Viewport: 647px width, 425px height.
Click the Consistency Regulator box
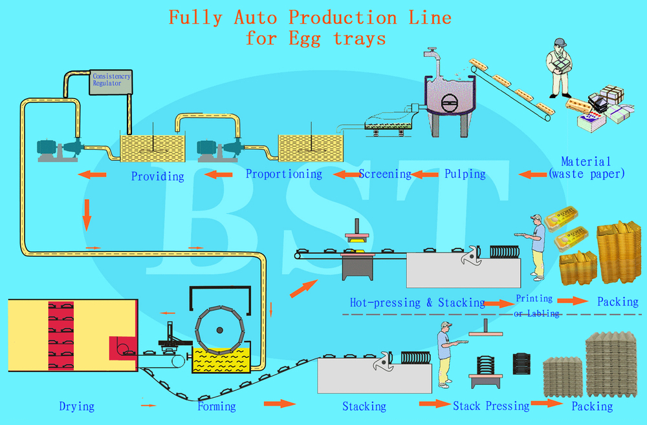pos(111,81)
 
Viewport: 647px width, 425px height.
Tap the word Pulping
pos(465,174)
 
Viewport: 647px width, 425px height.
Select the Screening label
pos(385,174)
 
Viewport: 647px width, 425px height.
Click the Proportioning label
pos(283,174)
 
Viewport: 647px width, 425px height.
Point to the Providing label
pos(157,176)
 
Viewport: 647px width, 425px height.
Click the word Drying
pos(76,406)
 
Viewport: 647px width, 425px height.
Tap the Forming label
pos(216,406)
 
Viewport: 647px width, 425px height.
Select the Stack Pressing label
pos(490,406)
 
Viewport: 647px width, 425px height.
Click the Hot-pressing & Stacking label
pos(417,302)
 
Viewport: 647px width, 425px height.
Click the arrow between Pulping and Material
pos(532,174)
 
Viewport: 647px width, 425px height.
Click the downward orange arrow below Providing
pos(86,214)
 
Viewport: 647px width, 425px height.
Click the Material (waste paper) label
pos(586,167)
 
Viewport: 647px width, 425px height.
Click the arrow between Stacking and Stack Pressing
pos(433,404)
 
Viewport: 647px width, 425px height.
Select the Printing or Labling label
pos(536,306)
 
